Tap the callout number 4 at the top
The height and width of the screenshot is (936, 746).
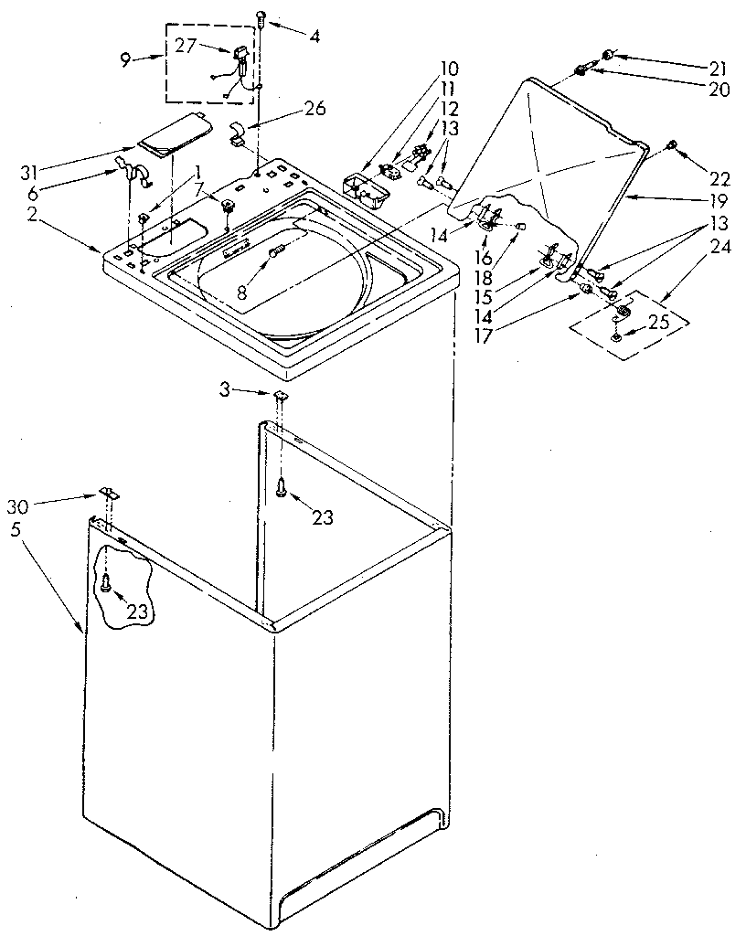click(x=314, y=38)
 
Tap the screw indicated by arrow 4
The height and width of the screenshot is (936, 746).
click(x=261, y=14)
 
